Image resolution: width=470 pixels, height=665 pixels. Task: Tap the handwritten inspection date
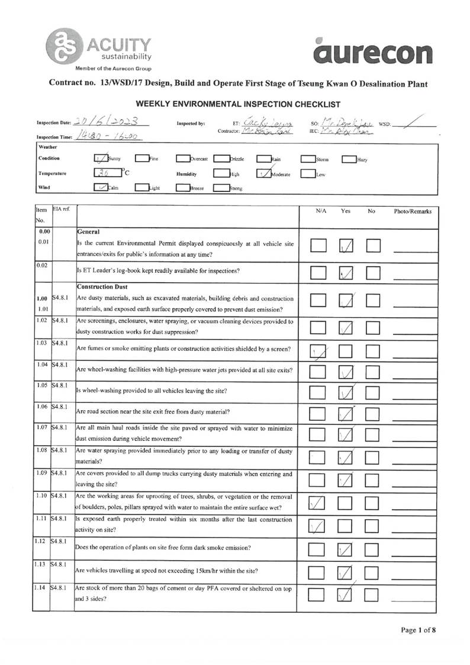pos(107,122)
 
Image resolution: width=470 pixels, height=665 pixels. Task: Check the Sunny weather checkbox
pos(100,158)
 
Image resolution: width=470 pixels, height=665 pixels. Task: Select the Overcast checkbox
pos(183,159)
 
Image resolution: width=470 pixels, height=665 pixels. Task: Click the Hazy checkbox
pos(349,159)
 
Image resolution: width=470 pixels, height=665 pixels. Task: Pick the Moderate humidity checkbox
pos(263,174)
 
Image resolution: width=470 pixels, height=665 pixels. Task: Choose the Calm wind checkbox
pos(101,188)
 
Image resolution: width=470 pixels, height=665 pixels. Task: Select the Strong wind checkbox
pos(221,188)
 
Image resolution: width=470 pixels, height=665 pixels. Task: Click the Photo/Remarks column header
pos(414,211)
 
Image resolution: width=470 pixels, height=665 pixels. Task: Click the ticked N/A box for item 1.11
pos(318,525)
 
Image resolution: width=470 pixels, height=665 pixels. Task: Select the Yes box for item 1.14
pos(346,593)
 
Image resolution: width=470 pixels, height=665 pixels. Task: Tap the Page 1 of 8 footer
pos(419,630)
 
